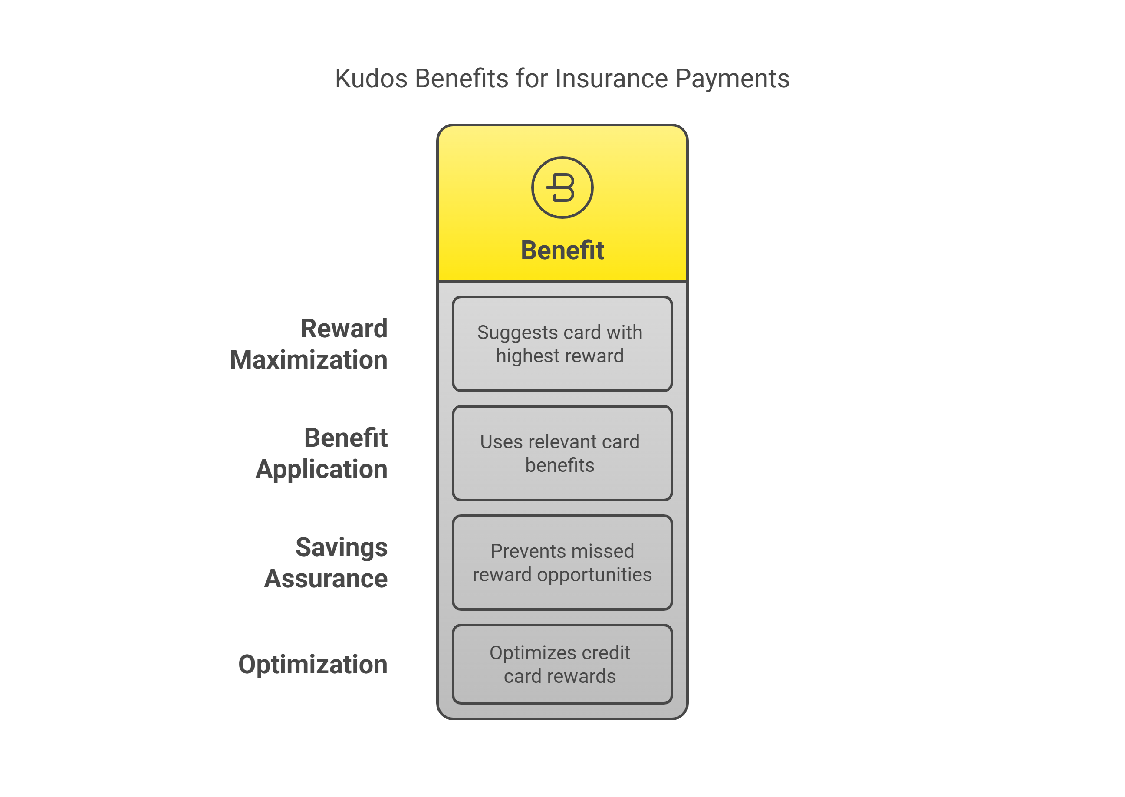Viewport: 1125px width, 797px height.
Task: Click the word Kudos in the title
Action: click(371, 79)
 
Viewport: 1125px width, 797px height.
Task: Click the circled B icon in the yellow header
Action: click(562, 188)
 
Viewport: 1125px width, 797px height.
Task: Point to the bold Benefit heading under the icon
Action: click(562, 250)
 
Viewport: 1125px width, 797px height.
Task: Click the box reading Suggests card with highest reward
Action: click(562, 343)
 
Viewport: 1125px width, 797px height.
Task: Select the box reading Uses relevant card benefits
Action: click(562, 453)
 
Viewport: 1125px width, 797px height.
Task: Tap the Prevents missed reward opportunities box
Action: click(562, 563)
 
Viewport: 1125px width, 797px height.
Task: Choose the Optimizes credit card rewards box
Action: click(562, 664)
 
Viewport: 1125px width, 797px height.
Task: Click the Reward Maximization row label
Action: click(309, 343)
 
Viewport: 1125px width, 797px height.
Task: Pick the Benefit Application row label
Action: click(322, 453)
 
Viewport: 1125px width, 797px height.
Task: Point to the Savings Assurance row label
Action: click(326, 563)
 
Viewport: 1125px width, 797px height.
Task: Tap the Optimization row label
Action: click(313, 665)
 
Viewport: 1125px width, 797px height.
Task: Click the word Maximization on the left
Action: click(309, 360)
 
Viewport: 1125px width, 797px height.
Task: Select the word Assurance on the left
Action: click(326, 578)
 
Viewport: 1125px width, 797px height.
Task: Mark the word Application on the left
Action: click(322, 469)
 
